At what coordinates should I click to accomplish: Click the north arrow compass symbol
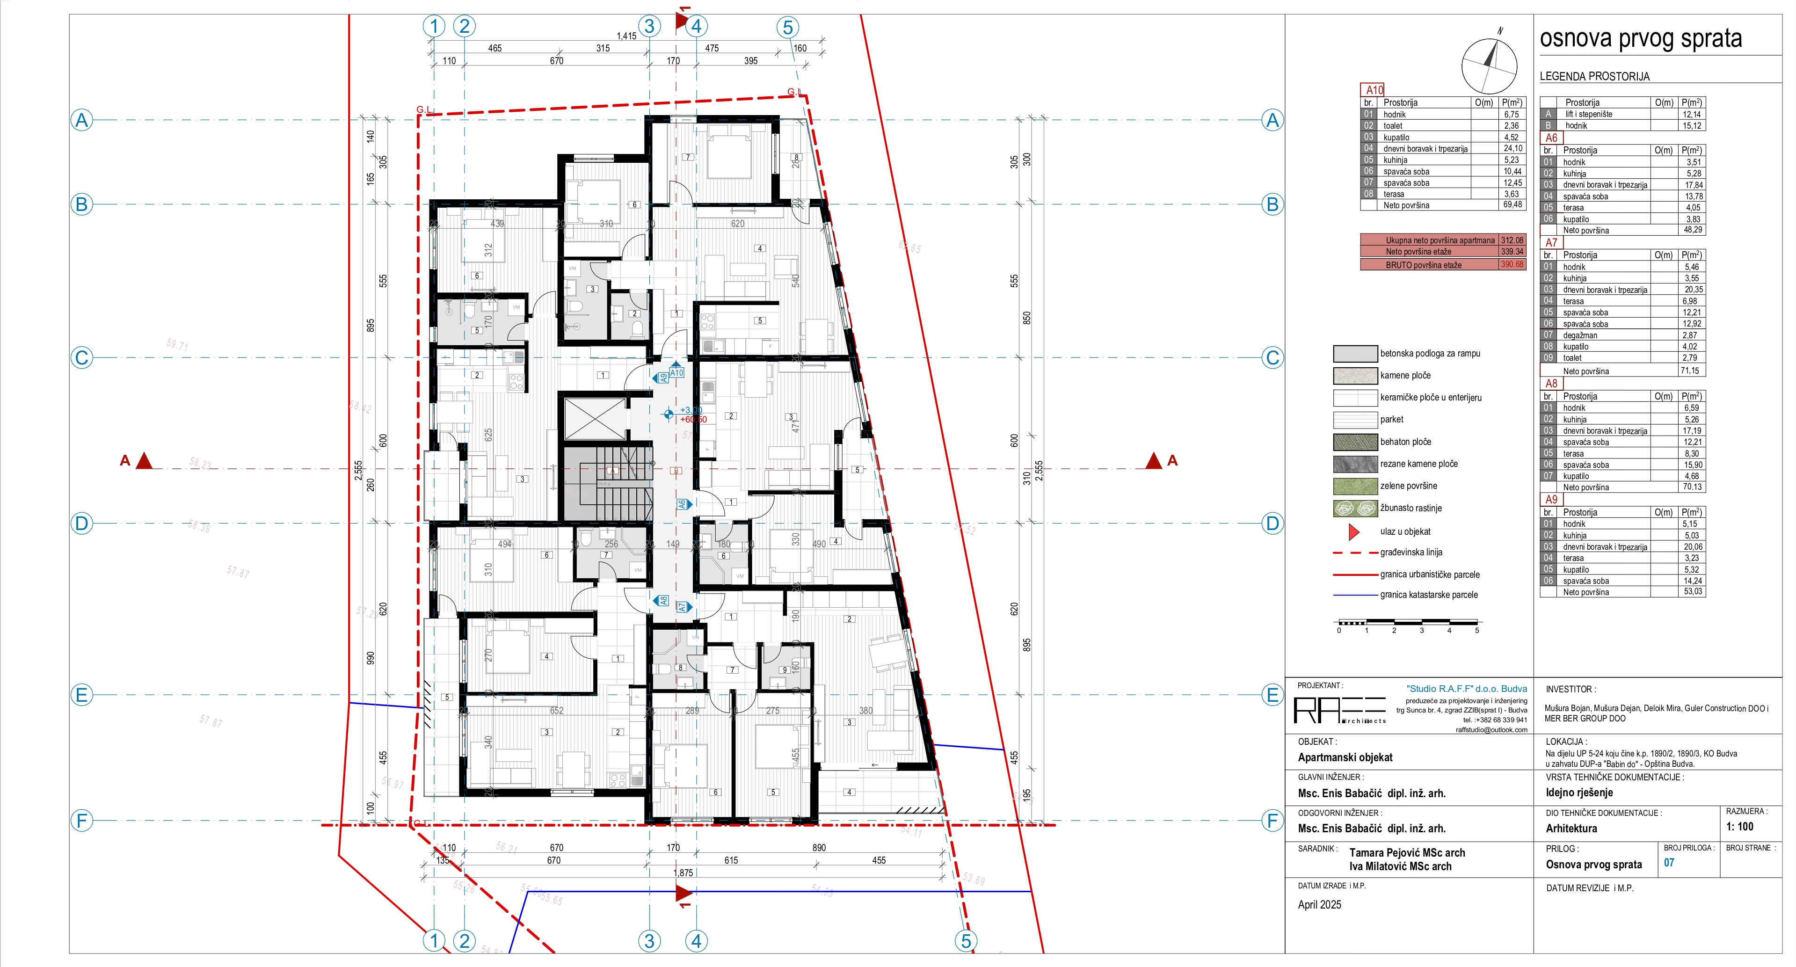point(1489,65)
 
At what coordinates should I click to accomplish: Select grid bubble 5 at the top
point(787,27)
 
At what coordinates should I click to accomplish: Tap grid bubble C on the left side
point(81,358)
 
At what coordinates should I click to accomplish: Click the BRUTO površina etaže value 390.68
point(1512,264)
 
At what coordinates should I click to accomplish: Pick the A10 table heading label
point(1374,90)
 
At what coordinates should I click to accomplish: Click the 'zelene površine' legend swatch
point(1355,486)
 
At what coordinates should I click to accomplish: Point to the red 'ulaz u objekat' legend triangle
point(1353,532)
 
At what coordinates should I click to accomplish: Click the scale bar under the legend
point(1407,622)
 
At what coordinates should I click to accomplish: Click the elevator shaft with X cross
point(595,418)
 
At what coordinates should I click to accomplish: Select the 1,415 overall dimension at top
point(626,36)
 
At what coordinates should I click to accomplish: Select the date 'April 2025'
point(1319,904)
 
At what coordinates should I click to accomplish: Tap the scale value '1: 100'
point(1739,826)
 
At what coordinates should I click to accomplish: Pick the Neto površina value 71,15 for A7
point(1689,371)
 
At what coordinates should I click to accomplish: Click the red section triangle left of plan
point(144,461)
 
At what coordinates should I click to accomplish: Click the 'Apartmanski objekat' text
point(1345,757)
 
